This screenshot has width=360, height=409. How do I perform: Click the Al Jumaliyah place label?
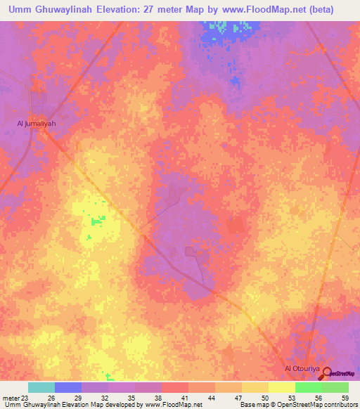pyautogui.click(x=36, y=124)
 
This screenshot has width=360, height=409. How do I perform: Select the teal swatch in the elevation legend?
pyautogui.click(x=41, y=387)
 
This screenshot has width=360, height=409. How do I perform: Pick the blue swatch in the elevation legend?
pyautogui.click(x=68, y=387)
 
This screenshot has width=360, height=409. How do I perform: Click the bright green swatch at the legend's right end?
pyautogui.click(x=335, y=387)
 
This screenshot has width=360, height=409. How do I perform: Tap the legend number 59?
pyautogui.click(x=345, y=397)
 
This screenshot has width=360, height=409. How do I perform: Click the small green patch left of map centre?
pyautogui.click(x=96, y=221)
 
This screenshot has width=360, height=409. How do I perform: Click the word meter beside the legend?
pyautogui.click(x=10, y=397)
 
